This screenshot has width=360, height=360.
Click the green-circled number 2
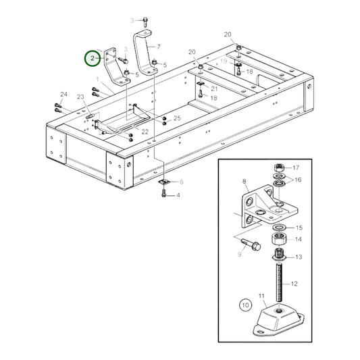pos(91,59)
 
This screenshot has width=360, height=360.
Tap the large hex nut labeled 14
pos(278,240)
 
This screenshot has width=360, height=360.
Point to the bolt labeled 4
pos(163,195)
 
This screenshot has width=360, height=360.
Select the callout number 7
pos(158,47)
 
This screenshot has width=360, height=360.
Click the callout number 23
pos(80,98)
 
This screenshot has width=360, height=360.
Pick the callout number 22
pos(145,131)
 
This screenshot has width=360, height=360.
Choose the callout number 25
pos(177,118)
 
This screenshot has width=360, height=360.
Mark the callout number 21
pos(214,88)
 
